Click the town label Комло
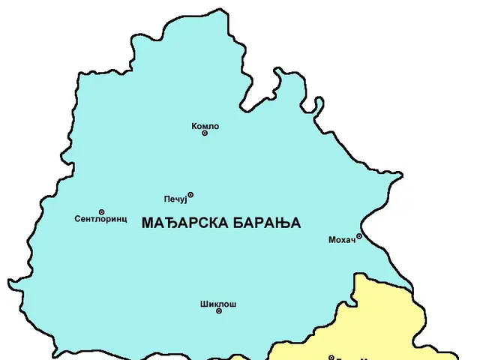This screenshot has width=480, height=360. click(205, 126)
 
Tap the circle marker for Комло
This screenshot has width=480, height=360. click(205, 133)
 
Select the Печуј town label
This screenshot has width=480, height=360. click(175, 199)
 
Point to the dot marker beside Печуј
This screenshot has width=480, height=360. click(190, 195)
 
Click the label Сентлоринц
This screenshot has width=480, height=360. click(101, 220)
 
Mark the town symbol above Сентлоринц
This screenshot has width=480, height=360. click(101, 211)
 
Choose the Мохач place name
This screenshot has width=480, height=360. click(341, 240)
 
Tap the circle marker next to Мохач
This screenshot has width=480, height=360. click(358, 236)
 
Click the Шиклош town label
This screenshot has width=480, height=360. click(218, 304)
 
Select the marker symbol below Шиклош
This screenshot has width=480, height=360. click(218, 311)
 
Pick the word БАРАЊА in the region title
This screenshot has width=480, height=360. click(265, 223)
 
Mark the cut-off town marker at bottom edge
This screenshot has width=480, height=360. click(331, 358)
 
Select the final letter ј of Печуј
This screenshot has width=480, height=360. click(184, 199)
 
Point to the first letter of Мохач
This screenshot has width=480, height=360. click(332, 240)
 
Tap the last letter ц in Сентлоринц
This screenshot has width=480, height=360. click(124, 220)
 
